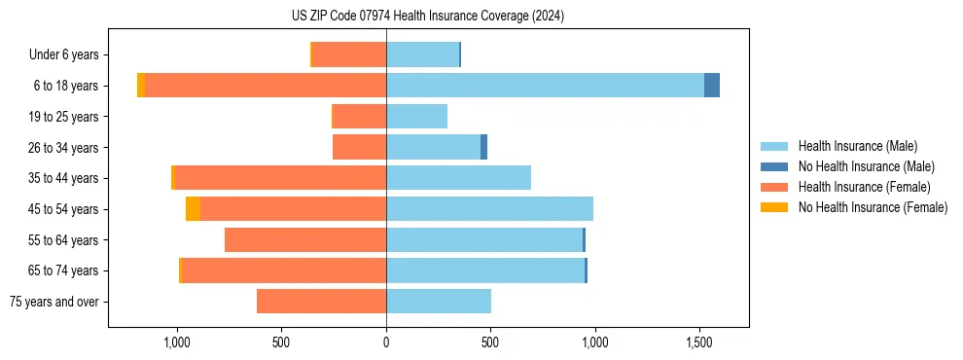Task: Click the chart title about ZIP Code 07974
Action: click(428, 16)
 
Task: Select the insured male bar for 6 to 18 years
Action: click(545, 86)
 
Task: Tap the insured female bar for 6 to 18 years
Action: click(265, 86)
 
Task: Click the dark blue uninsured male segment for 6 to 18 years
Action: click(712, 86)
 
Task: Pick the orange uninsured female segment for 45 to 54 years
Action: click(193, 209)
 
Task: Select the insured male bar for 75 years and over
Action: click(438, 302)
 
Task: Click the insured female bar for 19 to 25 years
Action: click(359, 117)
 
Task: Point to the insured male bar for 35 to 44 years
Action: click(458, 178)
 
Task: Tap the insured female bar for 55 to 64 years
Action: click(305, 240)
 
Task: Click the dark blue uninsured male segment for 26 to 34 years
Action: click(483, 147)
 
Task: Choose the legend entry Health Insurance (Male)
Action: click(857, 147)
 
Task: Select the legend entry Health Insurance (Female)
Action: click(864, 187)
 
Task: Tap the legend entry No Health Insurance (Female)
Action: click(873, 207)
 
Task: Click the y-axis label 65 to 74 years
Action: click(64, 271)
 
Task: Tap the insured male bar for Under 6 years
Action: click(422, 55)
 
